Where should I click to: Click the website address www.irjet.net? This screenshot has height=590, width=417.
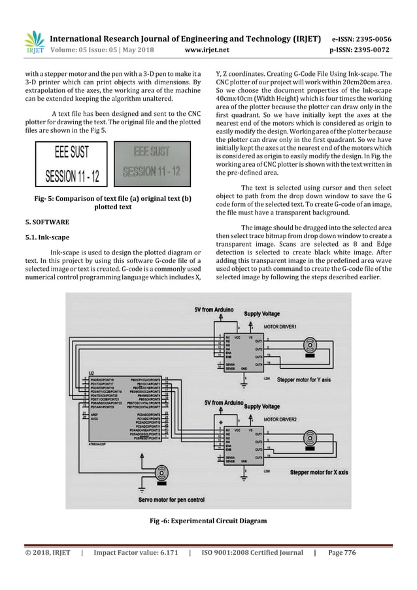coord(207,48)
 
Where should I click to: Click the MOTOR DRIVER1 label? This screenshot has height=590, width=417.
coord(280,325)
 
